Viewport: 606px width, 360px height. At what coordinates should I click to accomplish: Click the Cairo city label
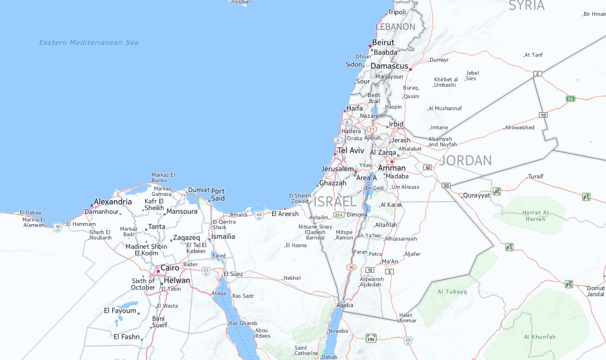[170, 268]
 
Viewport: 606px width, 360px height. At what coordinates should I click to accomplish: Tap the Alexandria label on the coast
[113, 202]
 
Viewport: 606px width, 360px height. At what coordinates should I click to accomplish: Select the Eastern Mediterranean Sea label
[88, 43]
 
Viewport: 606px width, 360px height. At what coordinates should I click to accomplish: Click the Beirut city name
[383, 43]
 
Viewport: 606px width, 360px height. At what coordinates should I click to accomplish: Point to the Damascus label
[389, 66]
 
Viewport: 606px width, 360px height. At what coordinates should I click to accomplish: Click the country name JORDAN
[465, 160]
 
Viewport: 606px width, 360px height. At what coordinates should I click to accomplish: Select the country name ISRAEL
[335, 201]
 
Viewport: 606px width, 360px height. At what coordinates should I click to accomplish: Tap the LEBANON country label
[395, 27]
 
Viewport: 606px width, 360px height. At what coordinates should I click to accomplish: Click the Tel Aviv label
[351, 151]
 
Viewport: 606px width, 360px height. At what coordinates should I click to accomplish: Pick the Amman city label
[392, 168]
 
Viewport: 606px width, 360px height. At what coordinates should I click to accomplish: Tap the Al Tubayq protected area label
[452, 292]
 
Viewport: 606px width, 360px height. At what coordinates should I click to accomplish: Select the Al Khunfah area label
[540, 337]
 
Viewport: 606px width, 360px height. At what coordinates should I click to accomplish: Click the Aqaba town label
[345, 305]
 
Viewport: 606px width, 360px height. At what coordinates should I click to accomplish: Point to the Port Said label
[218, 195]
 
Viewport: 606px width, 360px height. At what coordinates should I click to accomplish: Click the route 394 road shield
[371, 338]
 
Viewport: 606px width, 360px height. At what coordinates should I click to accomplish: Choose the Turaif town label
[536, 177]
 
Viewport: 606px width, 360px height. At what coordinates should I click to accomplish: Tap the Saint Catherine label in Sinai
[306, 351]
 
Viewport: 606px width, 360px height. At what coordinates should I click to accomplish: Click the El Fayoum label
[120, 311]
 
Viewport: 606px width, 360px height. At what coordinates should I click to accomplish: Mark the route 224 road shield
[339, 215]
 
